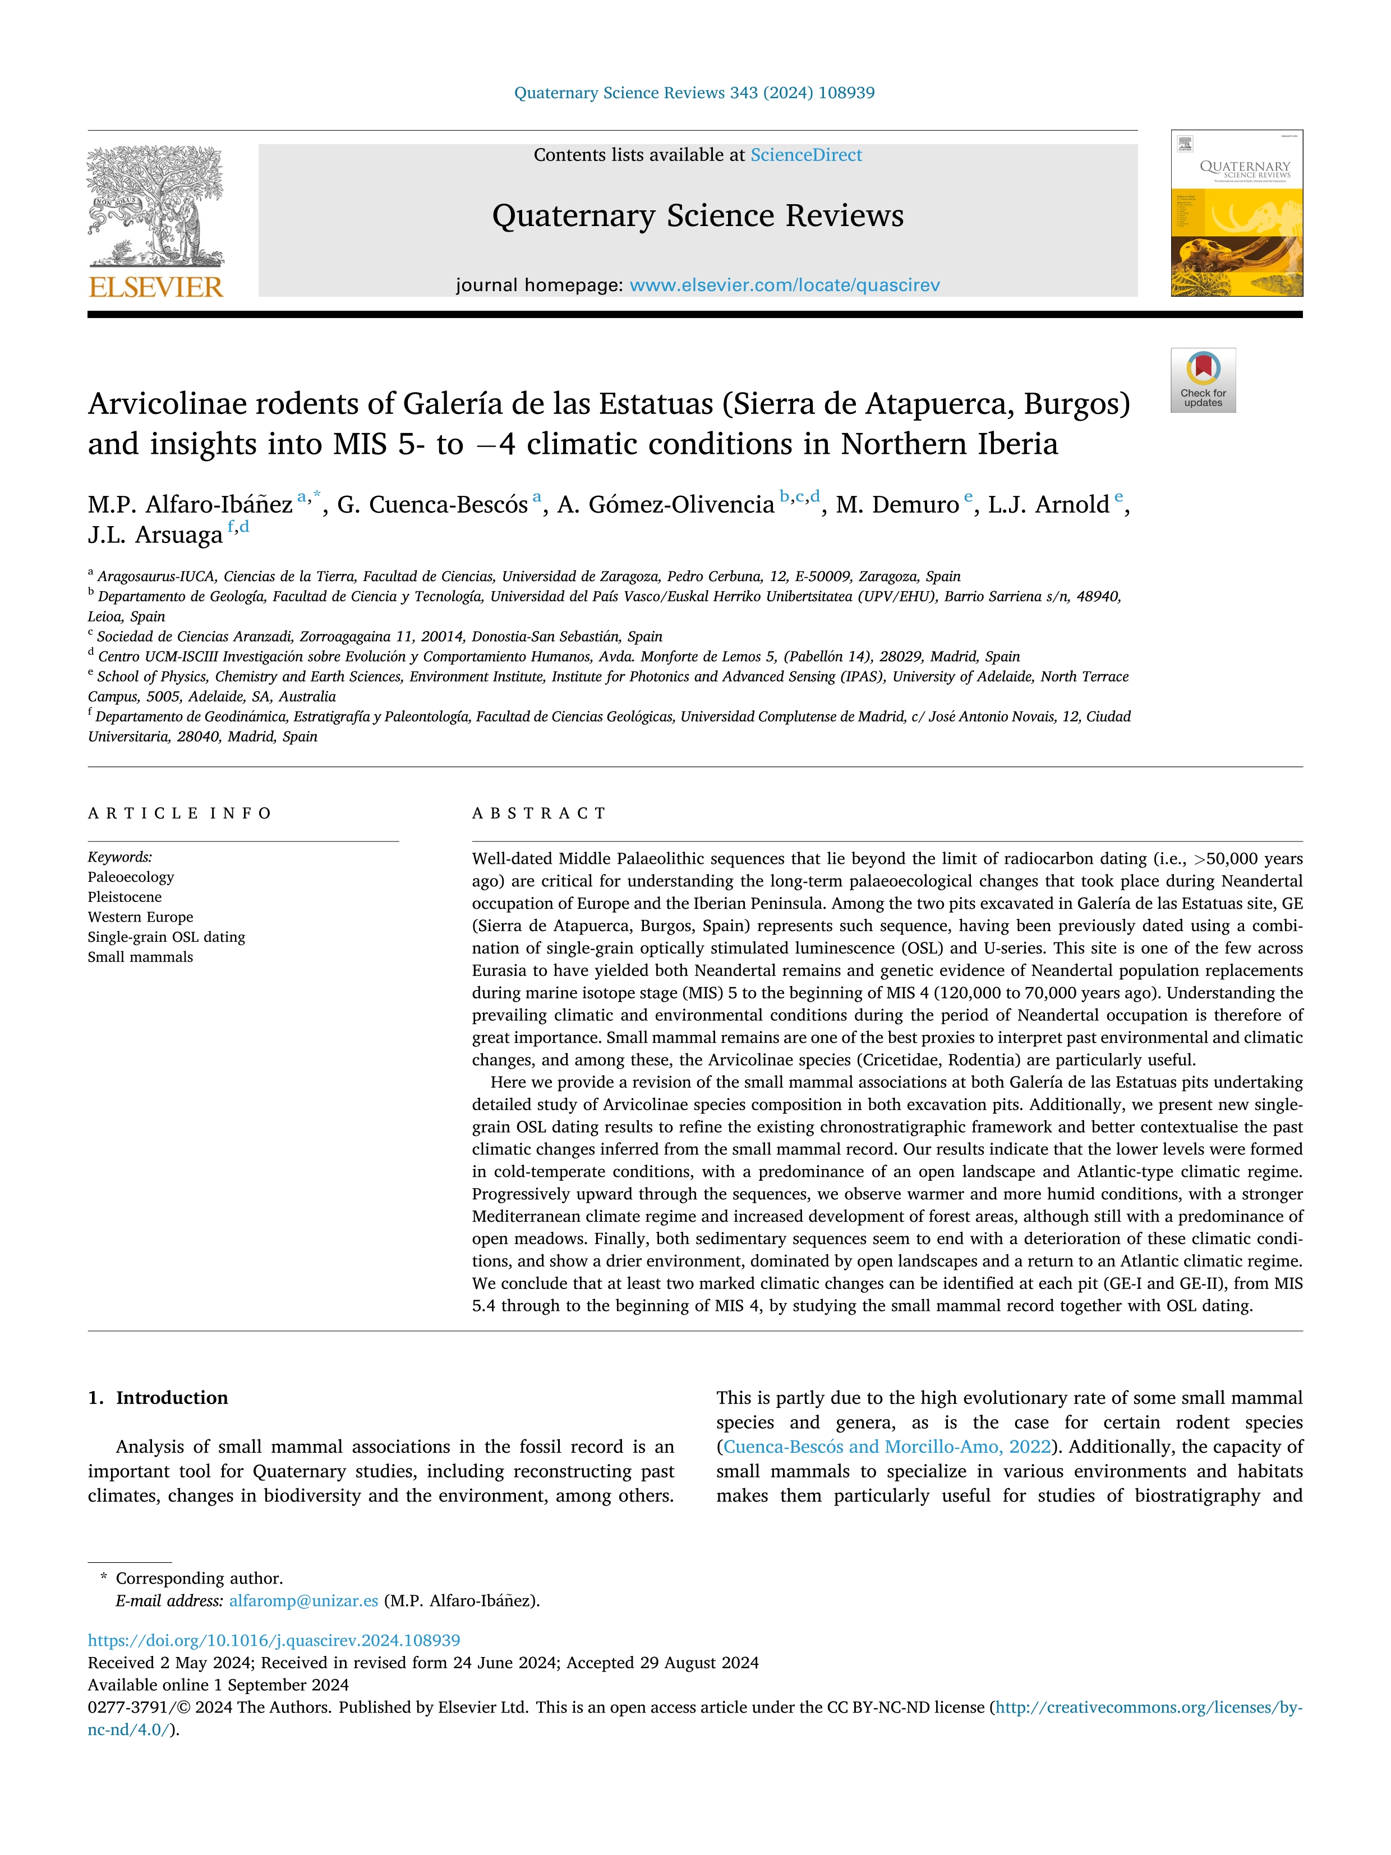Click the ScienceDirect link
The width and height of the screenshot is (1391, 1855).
point(806,155)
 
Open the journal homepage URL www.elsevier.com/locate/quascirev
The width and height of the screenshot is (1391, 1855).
point(784,285)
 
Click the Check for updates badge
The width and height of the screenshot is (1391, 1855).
point(1203,380)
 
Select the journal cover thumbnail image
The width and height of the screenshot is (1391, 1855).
point(1237,213)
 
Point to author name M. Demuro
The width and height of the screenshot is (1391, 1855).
point(897,505)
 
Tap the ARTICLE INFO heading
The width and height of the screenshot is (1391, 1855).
point(179,813)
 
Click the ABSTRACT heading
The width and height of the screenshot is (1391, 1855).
point(539,813)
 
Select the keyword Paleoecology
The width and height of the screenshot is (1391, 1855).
point(131,877)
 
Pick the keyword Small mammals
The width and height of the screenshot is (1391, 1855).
point(140,957)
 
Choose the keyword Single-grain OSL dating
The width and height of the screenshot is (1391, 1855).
point(166,937)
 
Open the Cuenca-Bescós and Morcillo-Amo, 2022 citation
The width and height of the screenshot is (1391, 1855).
point(887,1447)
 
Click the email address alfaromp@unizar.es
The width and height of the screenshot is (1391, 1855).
point(303,1601)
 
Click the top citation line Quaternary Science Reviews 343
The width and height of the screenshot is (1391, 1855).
point(694,93)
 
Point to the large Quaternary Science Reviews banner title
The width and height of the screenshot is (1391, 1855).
point(698,217)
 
